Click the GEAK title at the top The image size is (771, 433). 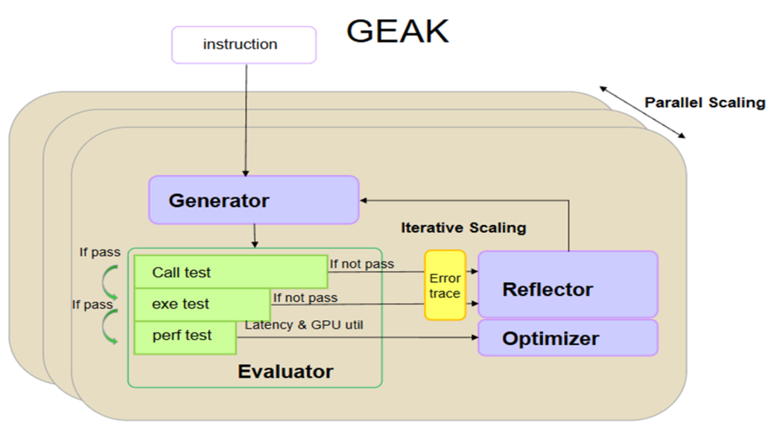tap(397, 31)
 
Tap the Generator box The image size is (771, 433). tap(253, 200)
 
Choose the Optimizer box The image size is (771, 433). tap(567, 338)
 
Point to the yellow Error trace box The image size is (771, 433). tap(445, 285)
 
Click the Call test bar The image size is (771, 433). tap(231, 272)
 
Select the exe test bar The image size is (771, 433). tap(202, 304)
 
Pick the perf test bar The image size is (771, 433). tap(185, 335)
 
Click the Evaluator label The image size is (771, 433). tap(285, 371)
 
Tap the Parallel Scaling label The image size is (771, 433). tap(705, 103)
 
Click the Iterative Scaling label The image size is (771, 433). tap(463, 228)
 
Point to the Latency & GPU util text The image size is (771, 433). tap(304, 325)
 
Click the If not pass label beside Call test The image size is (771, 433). tap(362, 264)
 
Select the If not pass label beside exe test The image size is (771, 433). tap(305, 298)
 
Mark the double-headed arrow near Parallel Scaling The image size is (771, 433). tap(642, 112)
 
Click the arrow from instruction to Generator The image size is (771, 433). tap(246, 119)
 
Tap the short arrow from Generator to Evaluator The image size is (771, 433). tap(255, 235)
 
